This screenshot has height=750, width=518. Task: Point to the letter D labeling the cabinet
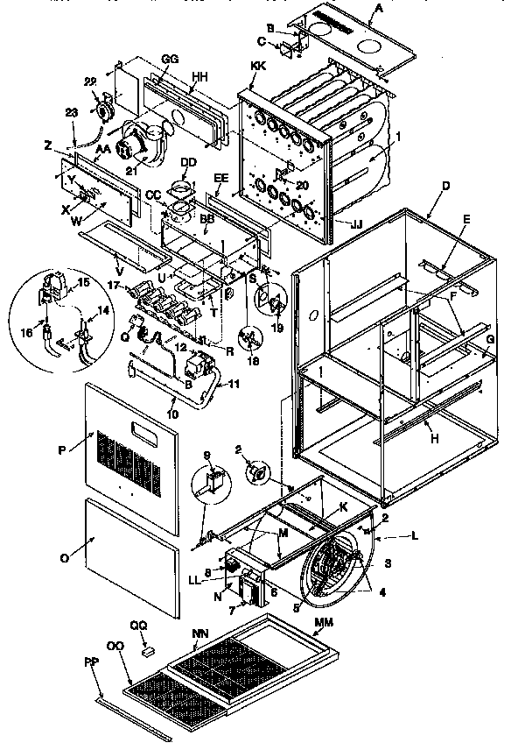pyautogui.click(x=447, y=187)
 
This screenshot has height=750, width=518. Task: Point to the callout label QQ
pyautogui.click(x=138, y=626)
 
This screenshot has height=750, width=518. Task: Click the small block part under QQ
pyautogui.click(x=149, y=651)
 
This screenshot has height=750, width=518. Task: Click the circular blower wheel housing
pyautogui.click(x=336, y=568)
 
